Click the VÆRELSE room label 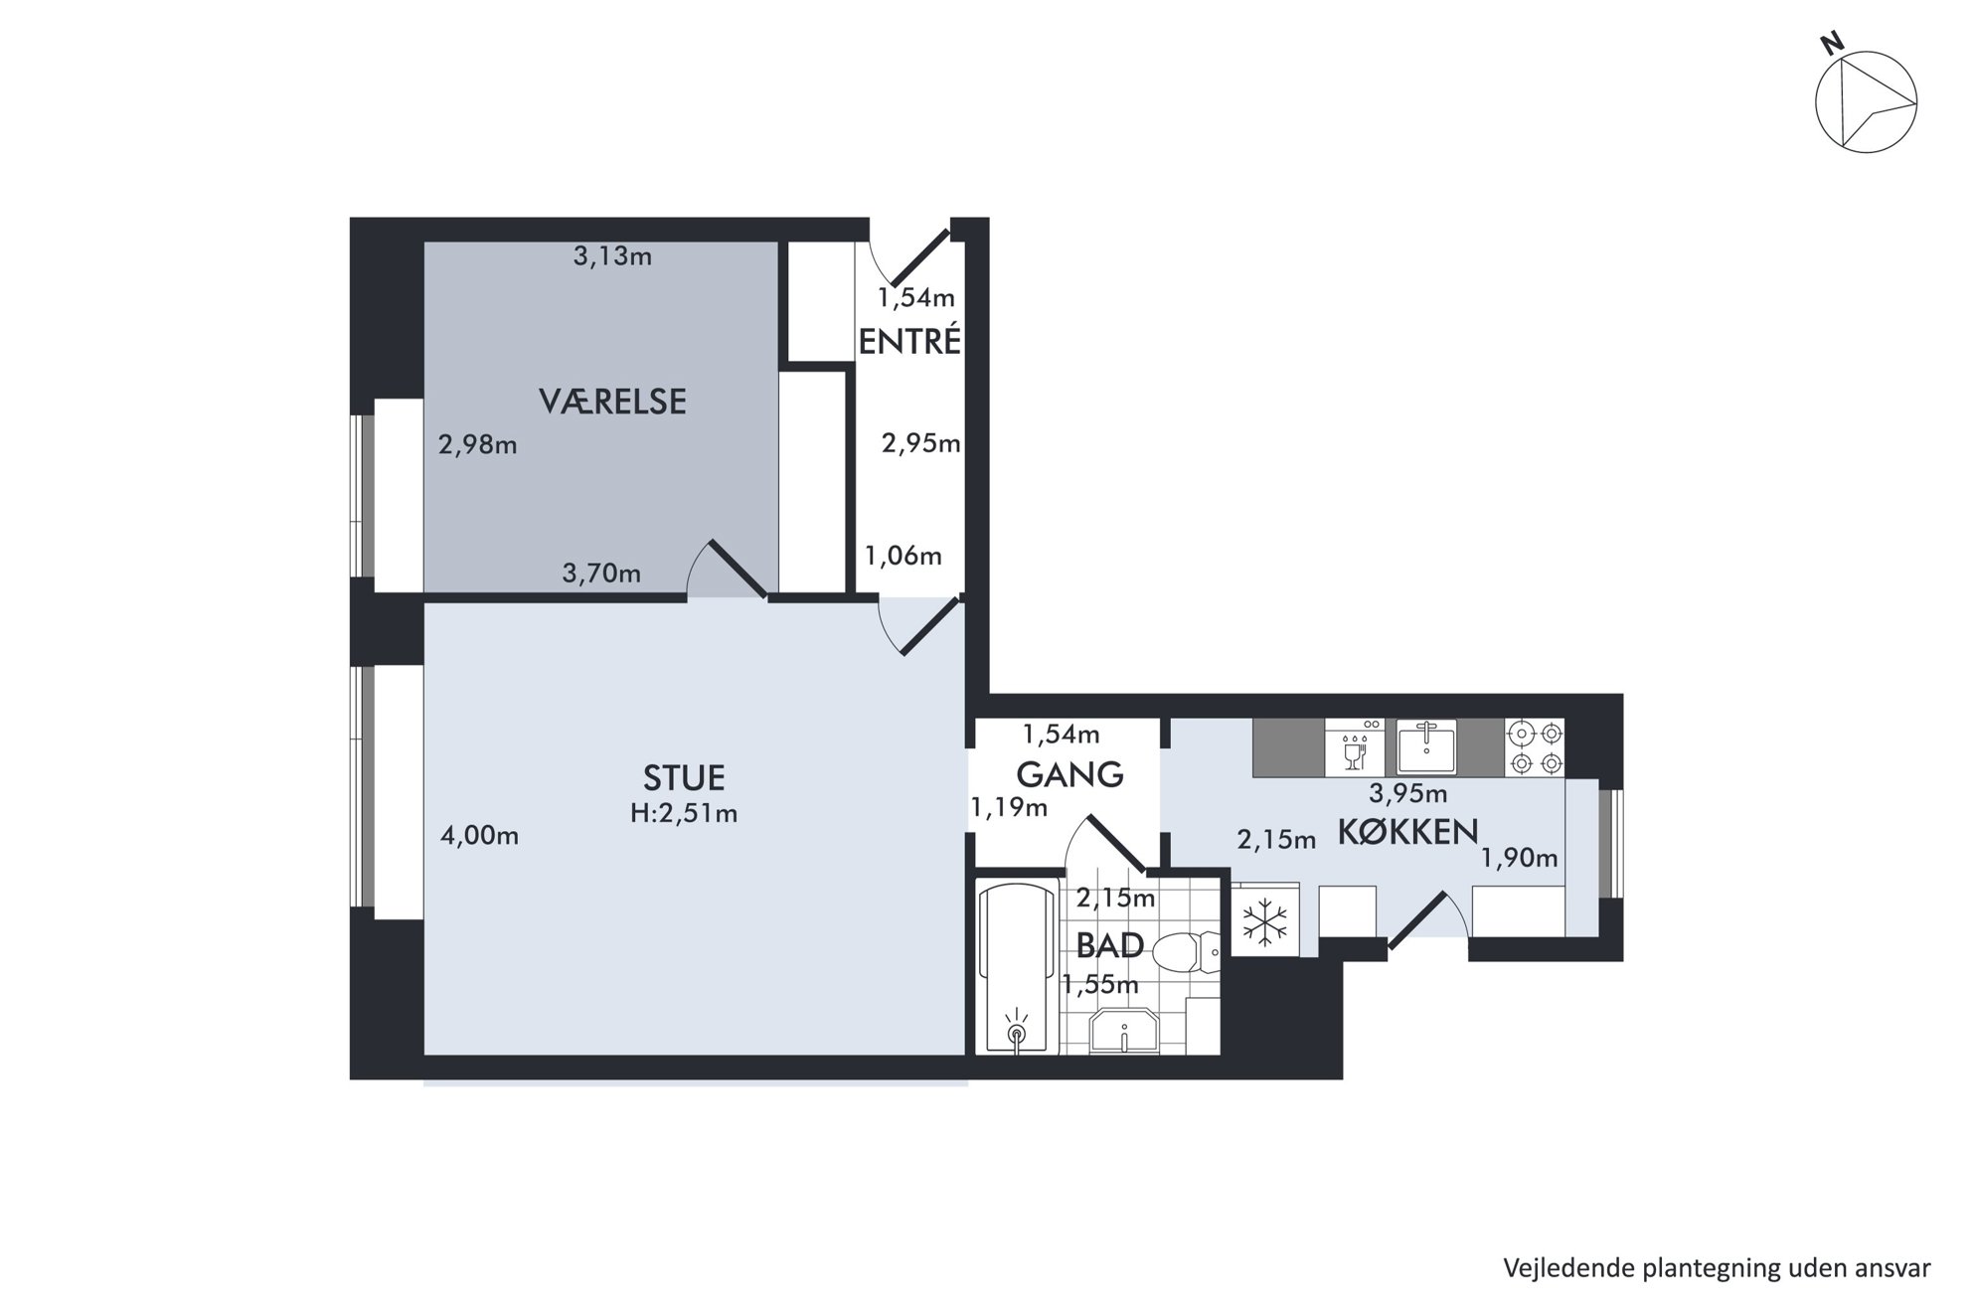coord(612,402)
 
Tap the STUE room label coord(684,777)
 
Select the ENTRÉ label coord(909,341)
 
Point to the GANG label coord(1069,773)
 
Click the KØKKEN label coord(1407,831)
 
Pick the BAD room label coord(1109,945)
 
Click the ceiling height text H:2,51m coord(684,813)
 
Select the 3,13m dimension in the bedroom coord(612,256)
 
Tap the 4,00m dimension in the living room coord(479,836)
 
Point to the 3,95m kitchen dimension coord(1407,793)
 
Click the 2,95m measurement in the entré coord(921,443)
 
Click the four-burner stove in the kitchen coord(1535,747)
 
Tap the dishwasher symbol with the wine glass coord(1355,747)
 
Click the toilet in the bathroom coord(1189,953)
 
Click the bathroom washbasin coord(1123,1032)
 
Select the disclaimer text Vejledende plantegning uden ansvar coord(1717,1268)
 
